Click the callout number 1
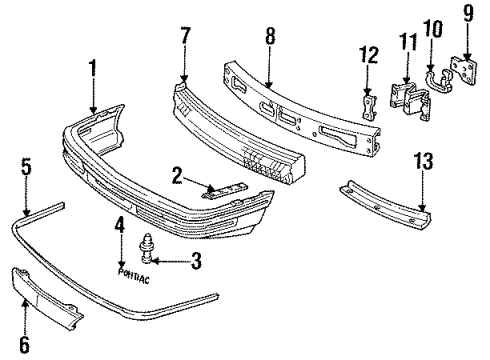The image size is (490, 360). click(93, 69)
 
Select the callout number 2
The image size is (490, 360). click(175, 176)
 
